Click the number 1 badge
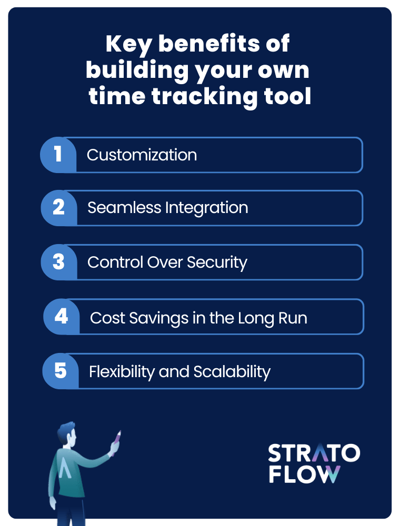click(x=58, y=155)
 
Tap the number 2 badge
click(x=59, y=208)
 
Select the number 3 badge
click(x=59, y=262)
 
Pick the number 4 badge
click(x=62, y=316)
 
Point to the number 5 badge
click(x=61, y=371)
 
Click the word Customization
click(x=142, y=155)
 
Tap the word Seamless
click(x=124, y=208)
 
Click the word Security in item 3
click(x=217, y=262)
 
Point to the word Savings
click(x=159, y=318)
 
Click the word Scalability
click(x=232, y=372)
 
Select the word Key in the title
click(x=129, y=45)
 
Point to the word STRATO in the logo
click(x=314, y=453)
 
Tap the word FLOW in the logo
click(x=304, y=474)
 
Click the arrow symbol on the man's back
click(x=65, y=468)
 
